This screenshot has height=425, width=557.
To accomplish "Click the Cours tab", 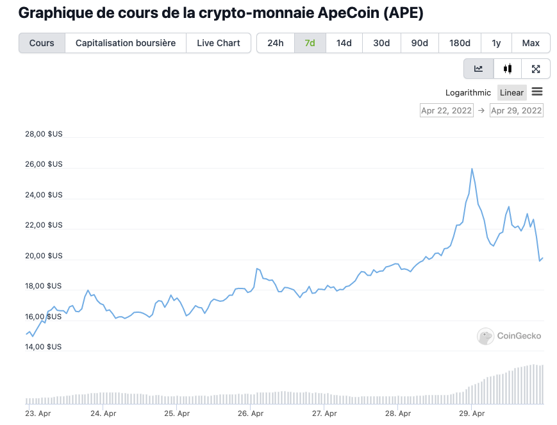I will (x=42, y=43).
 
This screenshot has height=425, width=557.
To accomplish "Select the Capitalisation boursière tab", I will (x=126, y=43).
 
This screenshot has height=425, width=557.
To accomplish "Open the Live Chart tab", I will (x=219, y=43).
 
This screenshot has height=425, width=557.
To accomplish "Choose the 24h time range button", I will (x=276, y=43).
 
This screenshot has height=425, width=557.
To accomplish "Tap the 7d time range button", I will (x=310, y=43).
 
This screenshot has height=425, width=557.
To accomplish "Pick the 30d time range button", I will (x=381, y=43).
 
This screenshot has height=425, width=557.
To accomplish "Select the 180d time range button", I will (x=460, y=43).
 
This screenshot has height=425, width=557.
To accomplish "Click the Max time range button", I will (x=531, y=43).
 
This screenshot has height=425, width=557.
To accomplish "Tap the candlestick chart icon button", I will (x=508, y=69).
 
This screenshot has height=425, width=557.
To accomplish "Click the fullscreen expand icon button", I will (x=536, y=69).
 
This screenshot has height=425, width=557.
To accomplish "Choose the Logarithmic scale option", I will (x=468, y=92).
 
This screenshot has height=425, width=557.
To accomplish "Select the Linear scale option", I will (x=511, y=92).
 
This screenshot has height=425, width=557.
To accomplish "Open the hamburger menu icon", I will (x=537, y=92).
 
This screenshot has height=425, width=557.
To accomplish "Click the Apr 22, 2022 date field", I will (x=446, y=110).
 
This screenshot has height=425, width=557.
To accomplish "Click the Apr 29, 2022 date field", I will (x=516, y=110).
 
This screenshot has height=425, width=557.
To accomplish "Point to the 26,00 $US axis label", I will (x=44, y=164).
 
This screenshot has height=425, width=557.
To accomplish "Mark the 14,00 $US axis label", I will (x=44, y=347).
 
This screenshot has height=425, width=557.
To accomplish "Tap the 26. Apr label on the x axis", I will (x=251, y=413).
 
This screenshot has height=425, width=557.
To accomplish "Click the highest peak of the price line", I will (x=472, y=169).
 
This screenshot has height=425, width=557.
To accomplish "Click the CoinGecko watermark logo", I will (x=509, y=335).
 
